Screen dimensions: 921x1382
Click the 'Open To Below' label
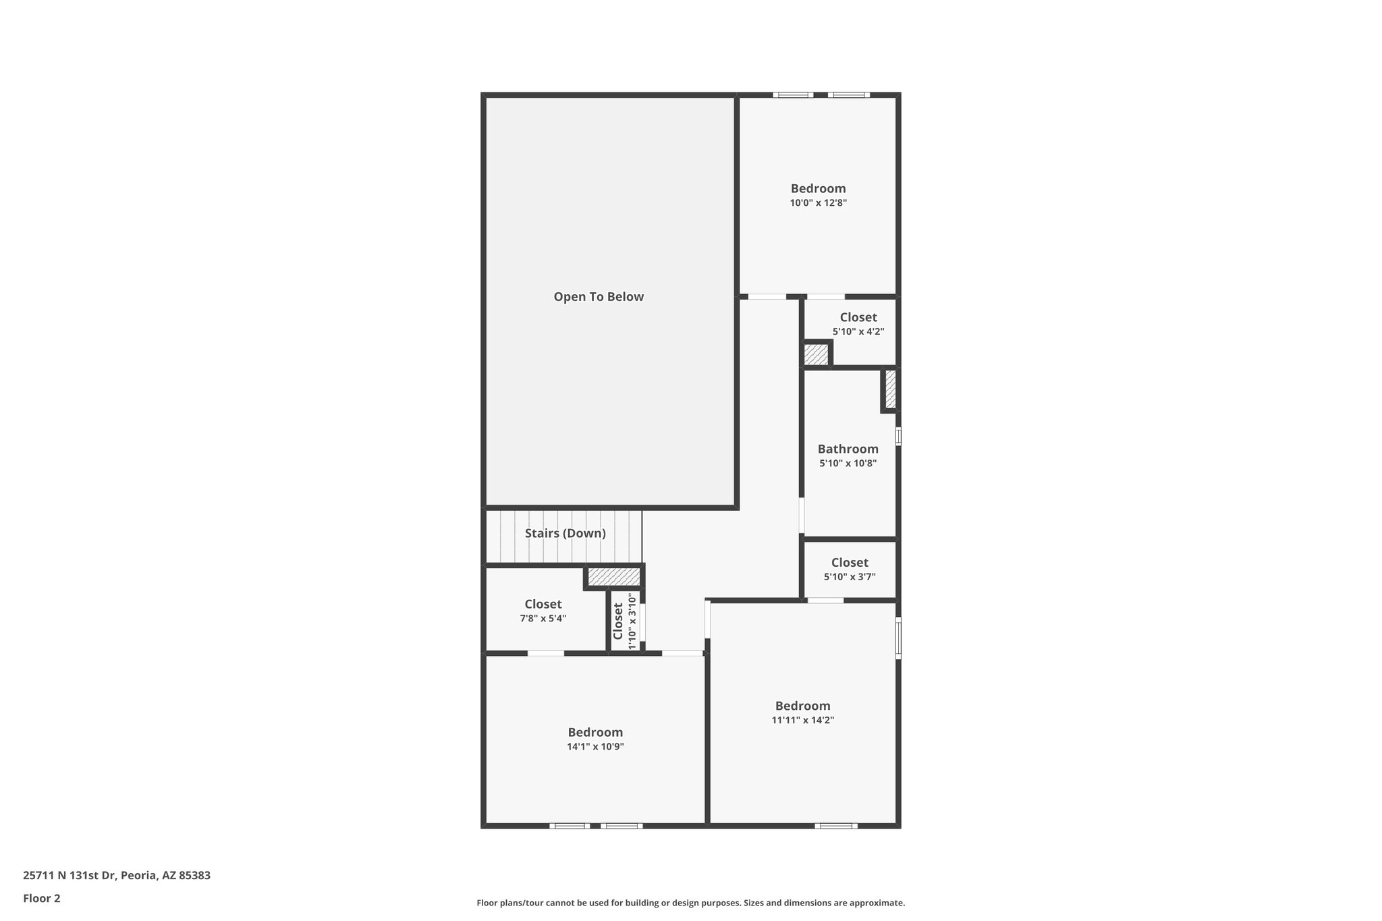click(x=599, y=297)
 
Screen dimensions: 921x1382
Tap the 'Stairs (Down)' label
click(x=565, y=533)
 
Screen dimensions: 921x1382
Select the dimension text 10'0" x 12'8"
click(x=818, y=202)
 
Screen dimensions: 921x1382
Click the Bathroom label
click(x=848, y=449)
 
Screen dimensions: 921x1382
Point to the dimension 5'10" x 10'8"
click(x=848, y=464)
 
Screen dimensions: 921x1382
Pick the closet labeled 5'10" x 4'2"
click(x=858, y=324)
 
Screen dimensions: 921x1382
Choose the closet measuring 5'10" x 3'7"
click(x=850, y=569)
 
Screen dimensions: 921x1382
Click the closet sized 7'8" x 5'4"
click(x=543, y=610)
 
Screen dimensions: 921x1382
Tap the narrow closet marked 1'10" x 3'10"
click(x=624, y=621)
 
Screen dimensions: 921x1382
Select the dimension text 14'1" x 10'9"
click(x=595, y=746)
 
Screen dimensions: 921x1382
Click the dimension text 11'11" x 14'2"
click(x=802, y=720)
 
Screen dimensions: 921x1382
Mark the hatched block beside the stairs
click(x=613, y=577)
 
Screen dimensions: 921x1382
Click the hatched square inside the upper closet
click(x=816, y=354)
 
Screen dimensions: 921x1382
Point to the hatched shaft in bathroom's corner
click(x=890, y=389)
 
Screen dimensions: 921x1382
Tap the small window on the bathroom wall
click(x=898, y=436)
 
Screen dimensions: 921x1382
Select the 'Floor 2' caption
click(x=42, y=898)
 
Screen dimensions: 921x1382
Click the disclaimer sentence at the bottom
click(x=690, y=903)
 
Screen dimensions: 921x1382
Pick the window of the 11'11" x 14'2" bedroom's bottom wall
click(x=835, y=825)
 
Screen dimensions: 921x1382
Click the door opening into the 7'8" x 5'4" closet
click(x=545, y=653)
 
